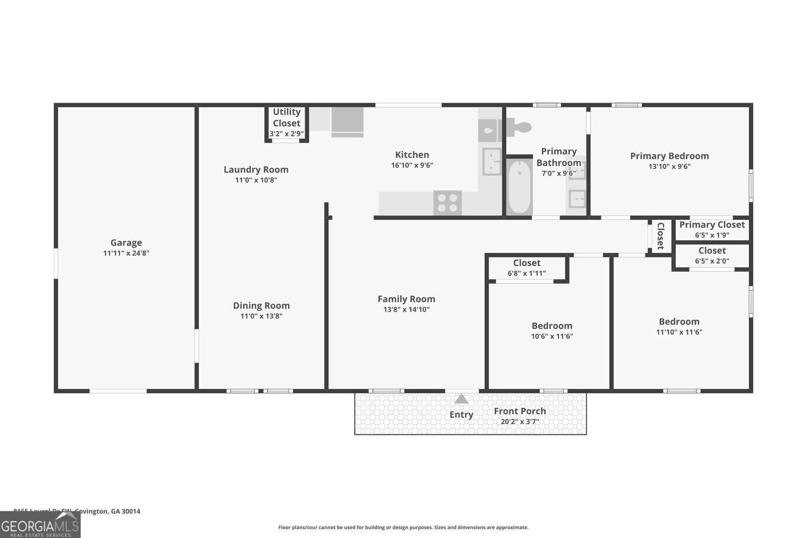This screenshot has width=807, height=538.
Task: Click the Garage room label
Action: [126, 243]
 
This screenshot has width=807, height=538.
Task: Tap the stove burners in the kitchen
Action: [447, 203]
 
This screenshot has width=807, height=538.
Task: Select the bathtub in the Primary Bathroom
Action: [519, 187]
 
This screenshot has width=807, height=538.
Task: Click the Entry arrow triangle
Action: [461, 399]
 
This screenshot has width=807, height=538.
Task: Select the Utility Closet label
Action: [286, 117]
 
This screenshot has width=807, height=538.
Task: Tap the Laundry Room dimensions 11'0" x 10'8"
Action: [256, 180]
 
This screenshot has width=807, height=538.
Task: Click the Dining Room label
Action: [261, 306]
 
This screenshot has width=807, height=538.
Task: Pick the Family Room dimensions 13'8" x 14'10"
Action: [406, 310]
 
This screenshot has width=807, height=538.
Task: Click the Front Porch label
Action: [520, 411]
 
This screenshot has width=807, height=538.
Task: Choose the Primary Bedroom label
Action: [669, 156]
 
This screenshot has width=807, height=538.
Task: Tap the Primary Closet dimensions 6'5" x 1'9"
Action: [712, 235]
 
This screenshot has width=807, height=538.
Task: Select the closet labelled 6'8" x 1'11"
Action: [527, 268]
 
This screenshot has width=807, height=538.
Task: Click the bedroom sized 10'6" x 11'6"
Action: [552, 330]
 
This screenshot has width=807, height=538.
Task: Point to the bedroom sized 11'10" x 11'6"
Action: [679, 326]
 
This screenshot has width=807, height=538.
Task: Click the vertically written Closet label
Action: [660, 236]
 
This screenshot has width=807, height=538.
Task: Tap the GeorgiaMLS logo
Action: [40, 525]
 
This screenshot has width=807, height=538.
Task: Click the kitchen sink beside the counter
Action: [491, 161]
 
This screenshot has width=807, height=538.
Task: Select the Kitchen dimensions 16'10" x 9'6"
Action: [412, 165]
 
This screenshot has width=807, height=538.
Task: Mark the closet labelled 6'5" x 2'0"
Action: [712, 256]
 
